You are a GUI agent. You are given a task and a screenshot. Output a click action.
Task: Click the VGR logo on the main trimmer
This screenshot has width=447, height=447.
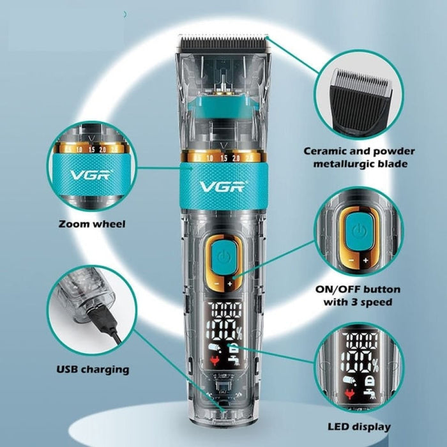tap(223, 186)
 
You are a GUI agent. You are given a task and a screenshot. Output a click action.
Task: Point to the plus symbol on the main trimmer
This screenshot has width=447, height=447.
tap(230, 284)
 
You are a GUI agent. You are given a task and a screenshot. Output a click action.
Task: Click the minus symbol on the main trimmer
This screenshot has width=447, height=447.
tap(216, 284)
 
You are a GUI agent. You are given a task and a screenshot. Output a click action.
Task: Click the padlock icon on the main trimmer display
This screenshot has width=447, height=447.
tap(232, 348)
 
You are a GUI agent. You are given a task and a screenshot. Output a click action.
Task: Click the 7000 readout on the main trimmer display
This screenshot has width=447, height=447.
tap(224, 309)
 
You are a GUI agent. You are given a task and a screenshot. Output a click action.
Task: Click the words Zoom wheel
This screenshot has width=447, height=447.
tap(91, 224)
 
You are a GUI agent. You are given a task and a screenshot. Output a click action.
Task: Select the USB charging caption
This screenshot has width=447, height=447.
tap(93, 370)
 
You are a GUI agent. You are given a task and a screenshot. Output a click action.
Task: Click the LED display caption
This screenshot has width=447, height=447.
tap(359, 427)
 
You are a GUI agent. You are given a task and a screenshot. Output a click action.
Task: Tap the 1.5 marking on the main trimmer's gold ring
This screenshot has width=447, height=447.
tap(224, 158)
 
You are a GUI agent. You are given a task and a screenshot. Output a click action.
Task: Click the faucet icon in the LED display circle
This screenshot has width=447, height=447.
tap(370, 392)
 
